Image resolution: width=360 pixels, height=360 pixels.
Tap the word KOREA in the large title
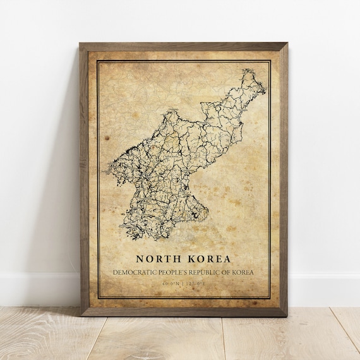[207, 258]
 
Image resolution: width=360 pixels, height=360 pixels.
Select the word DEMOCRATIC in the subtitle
[134, 272]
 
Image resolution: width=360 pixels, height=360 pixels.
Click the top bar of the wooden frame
[183, 46]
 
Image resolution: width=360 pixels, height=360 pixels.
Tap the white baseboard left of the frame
[38, 289]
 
